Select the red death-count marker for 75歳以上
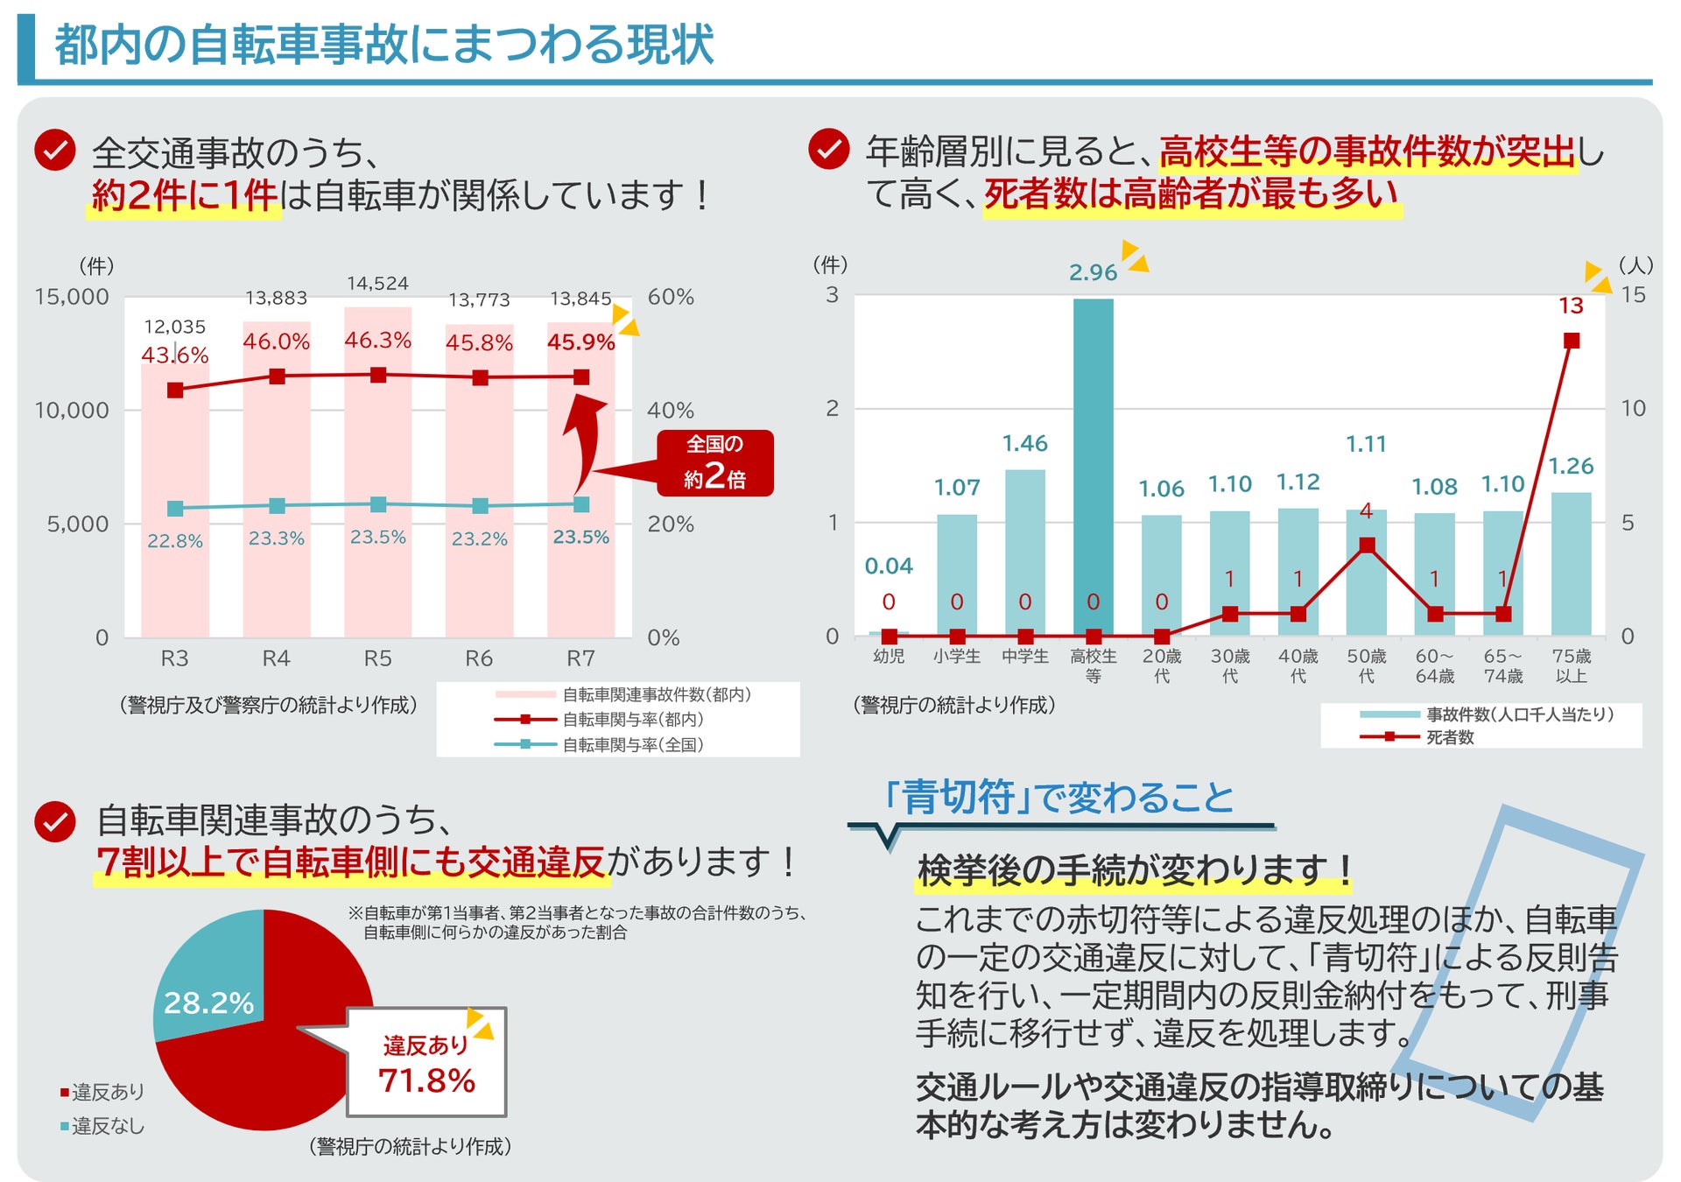pyautogui.click(x=1572, y=341)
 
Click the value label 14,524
pyautogui.click(x=377, y=284)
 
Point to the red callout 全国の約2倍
pyautogui.click(x=714, y=463)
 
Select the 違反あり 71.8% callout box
pyautogui.click(x=426, y=1062)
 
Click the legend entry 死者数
pyautogui.click(x=1450, y=737)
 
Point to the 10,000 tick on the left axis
pyautogui.click(x=72, y=410)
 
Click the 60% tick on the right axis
pyautogui.click(x=671, y=297)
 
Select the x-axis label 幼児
pyautogui.click(x=889, y=656)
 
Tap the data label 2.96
pyautogui.click(x=1093, y=272)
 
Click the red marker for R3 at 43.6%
pyautogui.click(x=175, y=390)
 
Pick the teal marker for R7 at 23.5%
pyautogui.click(x=581, y=504)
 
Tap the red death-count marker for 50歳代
pyautogui.click(x=1367, y=545)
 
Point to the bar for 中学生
pyautogui.click(x=1024, y=552)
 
